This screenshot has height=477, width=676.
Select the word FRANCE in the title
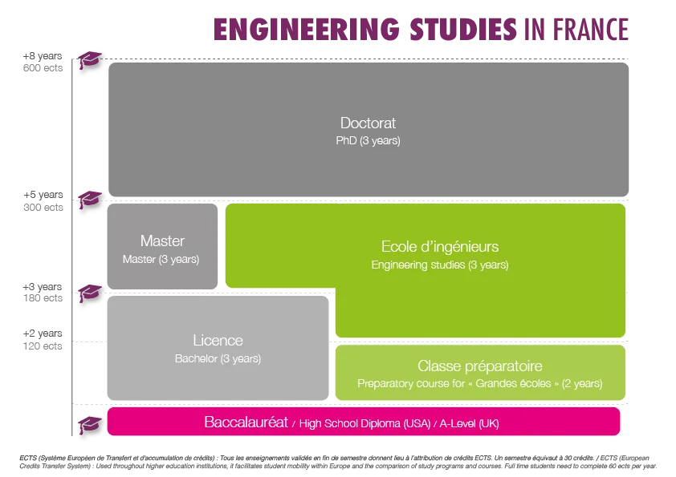coord(588,29)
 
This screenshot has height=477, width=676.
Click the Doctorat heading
coord(368,123)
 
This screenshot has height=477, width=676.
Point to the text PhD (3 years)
coord(368,140)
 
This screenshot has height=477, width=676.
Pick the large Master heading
coord(162,241)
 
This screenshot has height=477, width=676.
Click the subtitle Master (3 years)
coord(161,260)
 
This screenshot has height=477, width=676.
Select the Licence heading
coord(218,341)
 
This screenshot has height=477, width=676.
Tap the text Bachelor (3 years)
coord(218,358)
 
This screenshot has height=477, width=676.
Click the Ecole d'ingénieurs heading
coord(440,247)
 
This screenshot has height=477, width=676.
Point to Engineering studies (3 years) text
coord(440,265)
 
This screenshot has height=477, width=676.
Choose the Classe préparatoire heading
coord(480,366)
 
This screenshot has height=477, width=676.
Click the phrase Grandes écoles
coord(512,384)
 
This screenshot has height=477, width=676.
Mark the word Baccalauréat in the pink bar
coord(246,422)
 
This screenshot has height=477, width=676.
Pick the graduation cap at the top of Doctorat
coord(89,60)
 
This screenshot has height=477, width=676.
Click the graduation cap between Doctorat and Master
coord(89,198)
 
